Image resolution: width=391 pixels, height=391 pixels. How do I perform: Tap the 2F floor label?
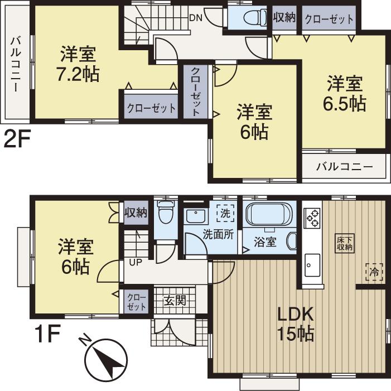[x=16, y=139]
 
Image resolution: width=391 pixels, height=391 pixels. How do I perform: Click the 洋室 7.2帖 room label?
[x=78, y=65]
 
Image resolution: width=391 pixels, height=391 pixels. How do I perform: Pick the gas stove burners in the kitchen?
[x=312, y=218]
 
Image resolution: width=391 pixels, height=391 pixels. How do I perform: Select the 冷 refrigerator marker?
[x=374, y=272]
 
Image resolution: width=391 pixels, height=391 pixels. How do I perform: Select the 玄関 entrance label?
[x=174, y=302]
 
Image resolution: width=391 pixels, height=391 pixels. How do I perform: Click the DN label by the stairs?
[x=195, y=18]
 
